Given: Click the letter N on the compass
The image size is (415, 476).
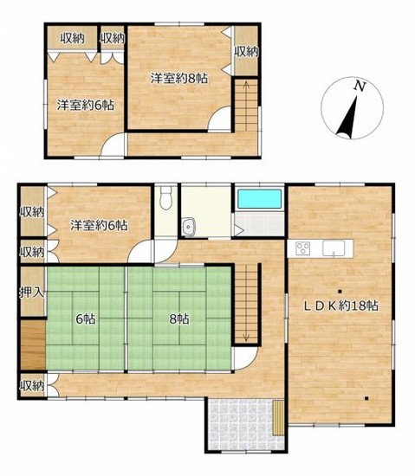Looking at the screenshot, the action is click(360, 87).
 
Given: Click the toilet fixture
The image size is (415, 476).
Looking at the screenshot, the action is click(165, 197).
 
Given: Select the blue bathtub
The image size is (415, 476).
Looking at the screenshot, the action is click(259, 199).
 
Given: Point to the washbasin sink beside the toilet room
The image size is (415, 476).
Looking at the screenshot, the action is click(189, 227).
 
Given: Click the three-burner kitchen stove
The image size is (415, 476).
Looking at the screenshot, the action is click(303, 248).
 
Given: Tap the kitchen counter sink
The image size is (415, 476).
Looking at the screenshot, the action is click(334, 248).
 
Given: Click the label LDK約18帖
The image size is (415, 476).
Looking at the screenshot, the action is click(341, 306).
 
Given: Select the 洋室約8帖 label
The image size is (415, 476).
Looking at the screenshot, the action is click(179, 79).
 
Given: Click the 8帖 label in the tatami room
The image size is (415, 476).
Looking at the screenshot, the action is click(179, 319).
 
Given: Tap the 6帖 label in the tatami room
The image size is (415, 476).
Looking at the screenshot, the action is click(86, 319).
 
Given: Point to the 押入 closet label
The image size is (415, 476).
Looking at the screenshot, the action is click(32, 293).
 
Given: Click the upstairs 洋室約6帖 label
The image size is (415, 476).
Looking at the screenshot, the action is click(86, 105).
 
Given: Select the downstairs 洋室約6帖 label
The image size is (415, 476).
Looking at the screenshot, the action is click(99, 225).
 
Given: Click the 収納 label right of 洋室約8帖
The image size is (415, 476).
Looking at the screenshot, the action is click(246, 52).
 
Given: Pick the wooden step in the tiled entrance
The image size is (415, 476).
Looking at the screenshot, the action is click(278, 418).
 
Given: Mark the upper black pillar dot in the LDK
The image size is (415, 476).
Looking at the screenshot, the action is click(340, 292).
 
